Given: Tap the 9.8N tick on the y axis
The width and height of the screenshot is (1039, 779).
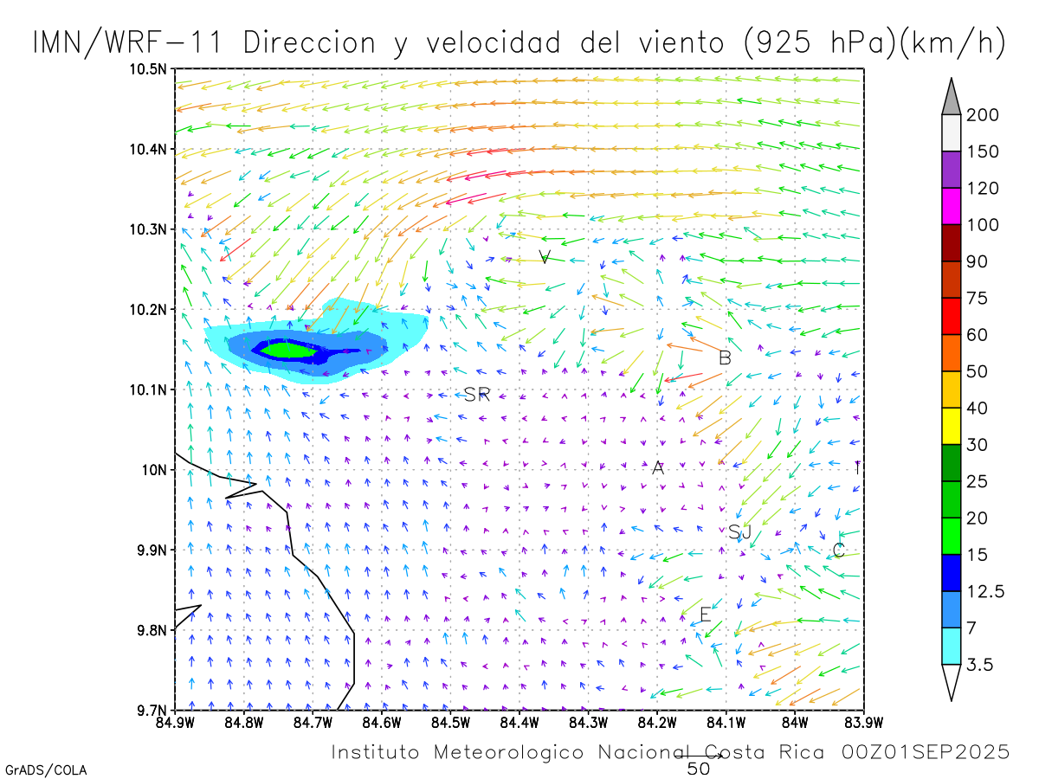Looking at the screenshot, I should click(x=152, y=630).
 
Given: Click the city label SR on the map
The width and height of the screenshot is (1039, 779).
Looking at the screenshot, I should click(x=477, y=395).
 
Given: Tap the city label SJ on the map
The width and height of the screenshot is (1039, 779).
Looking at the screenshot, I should click(x=739, y=531).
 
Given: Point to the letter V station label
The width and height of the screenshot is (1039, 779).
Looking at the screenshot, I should click(x=545, y=256).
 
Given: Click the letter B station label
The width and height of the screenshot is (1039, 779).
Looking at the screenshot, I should click(x=726, y=357).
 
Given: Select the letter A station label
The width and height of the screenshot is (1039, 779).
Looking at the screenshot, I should click(x=658, y=468).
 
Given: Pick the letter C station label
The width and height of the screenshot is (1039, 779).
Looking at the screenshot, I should click(x=838, y=550).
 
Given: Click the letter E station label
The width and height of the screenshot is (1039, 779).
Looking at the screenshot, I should click(x=705, y=615).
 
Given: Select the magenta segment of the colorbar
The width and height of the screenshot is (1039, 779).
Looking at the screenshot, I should click(x=951, y=207).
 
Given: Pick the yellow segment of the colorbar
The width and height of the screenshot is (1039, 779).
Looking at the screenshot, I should click(x=951, y=426).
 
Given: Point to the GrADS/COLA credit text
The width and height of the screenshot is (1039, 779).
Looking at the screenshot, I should click(x=46, y=769).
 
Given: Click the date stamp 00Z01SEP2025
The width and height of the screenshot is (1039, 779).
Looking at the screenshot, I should click(x=926, y=752).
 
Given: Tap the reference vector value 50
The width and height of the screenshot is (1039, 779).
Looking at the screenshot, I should click(x=699, y=769).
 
